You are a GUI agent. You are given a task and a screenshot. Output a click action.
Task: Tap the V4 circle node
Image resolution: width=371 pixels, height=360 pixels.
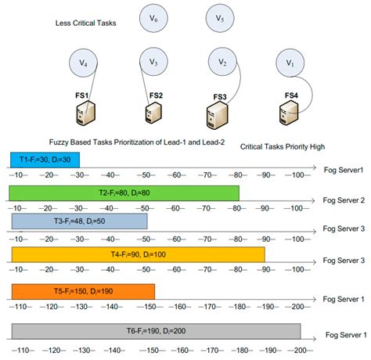84,61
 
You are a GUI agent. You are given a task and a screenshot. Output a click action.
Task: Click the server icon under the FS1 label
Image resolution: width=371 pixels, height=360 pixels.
85,116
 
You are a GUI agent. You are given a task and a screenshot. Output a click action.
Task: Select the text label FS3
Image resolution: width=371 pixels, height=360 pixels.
220,97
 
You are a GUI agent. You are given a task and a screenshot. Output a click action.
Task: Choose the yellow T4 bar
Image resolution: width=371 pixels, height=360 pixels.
138,254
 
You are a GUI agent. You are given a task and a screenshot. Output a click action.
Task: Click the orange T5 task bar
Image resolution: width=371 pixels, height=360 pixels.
83,291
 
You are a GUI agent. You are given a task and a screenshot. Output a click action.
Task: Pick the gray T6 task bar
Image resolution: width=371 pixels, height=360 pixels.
157,330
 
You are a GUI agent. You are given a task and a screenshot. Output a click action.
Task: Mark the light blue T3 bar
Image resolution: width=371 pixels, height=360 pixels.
79,222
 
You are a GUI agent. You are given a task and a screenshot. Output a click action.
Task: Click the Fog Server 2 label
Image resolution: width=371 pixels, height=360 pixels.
343,200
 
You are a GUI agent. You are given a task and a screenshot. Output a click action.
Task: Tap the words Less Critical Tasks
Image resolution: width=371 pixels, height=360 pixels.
87,23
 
